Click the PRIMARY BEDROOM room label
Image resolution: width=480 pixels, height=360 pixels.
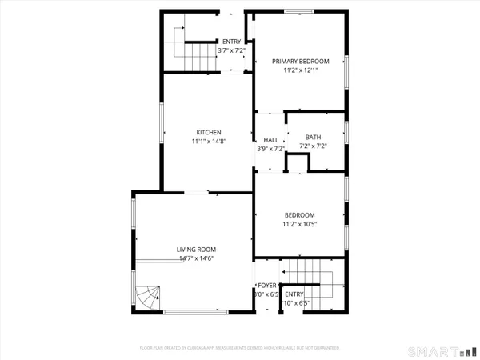[x=300, y=61]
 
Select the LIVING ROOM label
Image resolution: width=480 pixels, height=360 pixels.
[x=197, y=250]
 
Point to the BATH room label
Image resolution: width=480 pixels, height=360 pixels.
[x=313, y=137]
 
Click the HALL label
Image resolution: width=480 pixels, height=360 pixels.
[x=270, y=139]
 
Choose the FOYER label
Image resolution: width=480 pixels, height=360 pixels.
[x=266, y=286]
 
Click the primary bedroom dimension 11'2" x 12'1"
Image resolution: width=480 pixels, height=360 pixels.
[x=300, y=70]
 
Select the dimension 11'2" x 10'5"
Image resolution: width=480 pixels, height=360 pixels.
[x=299, y=225]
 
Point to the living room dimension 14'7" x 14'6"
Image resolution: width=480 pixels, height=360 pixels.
[x=197, y=258]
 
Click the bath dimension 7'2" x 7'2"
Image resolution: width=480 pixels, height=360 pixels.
[x=313, y=146]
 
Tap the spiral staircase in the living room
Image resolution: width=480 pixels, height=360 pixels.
[x=147, y=300]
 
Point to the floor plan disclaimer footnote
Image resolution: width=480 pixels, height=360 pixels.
[x=240, y=348]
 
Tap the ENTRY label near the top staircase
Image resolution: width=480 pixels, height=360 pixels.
[x=231, y=42]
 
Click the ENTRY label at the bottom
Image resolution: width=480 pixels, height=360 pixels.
[x=295, y=294]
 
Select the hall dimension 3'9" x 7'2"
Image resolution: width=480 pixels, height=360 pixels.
[x=270, y=149]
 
